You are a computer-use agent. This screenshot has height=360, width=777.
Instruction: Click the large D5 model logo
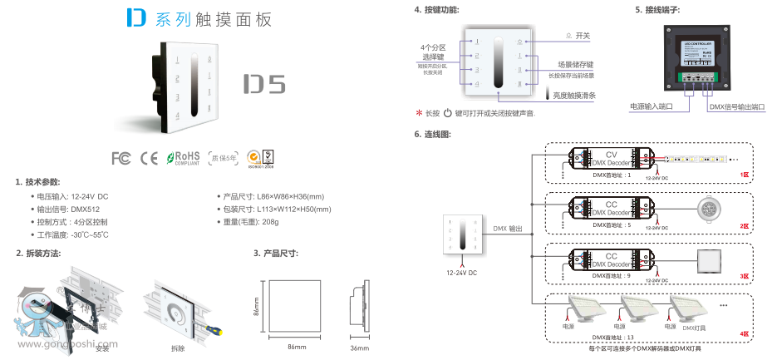click(x=264, y=85)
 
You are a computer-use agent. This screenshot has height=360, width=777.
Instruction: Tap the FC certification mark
click(x=120, y=156)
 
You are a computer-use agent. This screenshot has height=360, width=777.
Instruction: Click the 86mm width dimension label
click(x=298, y=347)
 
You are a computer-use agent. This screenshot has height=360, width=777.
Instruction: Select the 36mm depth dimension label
click(x=359, y=347)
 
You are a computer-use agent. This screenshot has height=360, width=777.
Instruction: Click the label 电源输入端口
click(x=652, y=106)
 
